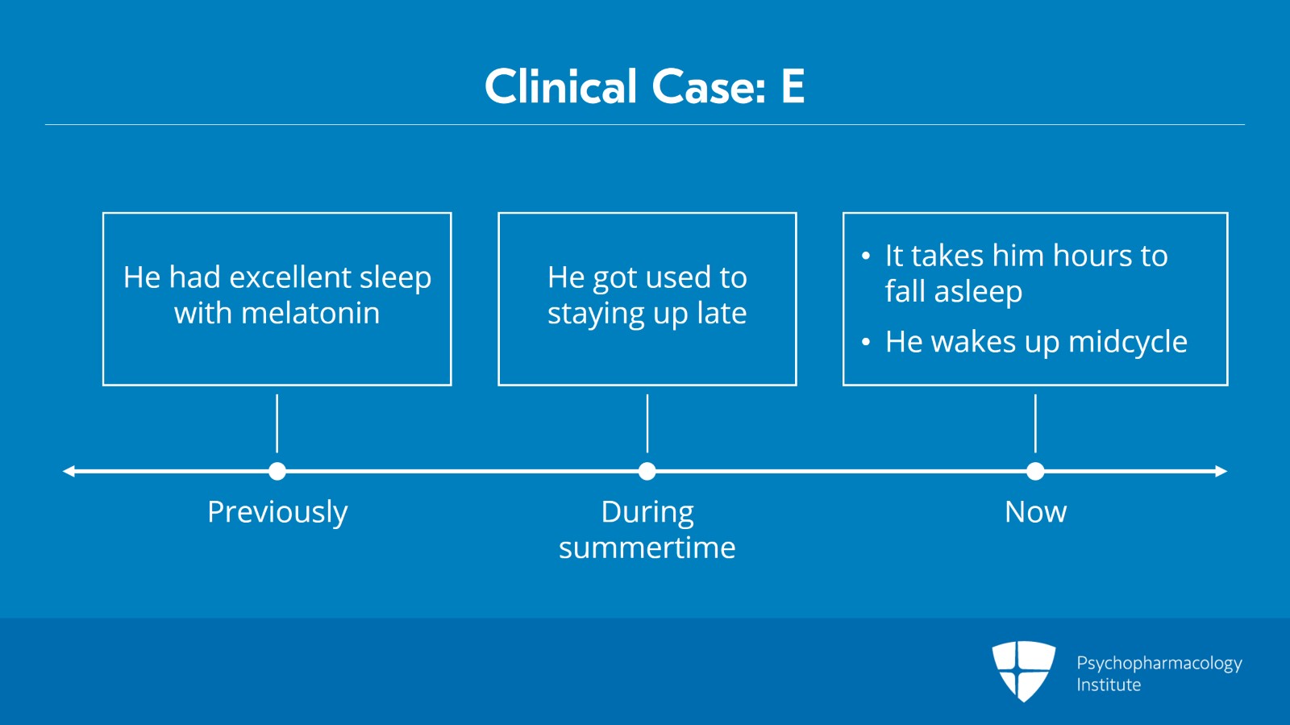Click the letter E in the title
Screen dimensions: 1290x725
793,85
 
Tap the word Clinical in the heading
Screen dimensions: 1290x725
561,85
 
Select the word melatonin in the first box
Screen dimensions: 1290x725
310,313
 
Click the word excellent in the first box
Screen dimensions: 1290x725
290,277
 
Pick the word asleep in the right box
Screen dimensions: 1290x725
979,292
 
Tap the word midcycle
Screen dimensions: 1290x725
1128,342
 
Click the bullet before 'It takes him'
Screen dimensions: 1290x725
866,256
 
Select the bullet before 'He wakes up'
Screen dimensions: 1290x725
866,342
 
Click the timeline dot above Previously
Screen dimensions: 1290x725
277,471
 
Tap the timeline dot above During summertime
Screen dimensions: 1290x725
647,471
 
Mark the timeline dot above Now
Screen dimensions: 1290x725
1035,471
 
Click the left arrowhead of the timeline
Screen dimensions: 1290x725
68,471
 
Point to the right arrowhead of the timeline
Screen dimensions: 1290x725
1221,471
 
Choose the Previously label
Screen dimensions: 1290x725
277,513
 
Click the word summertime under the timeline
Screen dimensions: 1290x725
647,548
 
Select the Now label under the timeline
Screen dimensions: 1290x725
1035,511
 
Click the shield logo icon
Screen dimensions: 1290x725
1023,671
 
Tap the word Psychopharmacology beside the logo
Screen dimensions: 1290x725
1159,664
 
